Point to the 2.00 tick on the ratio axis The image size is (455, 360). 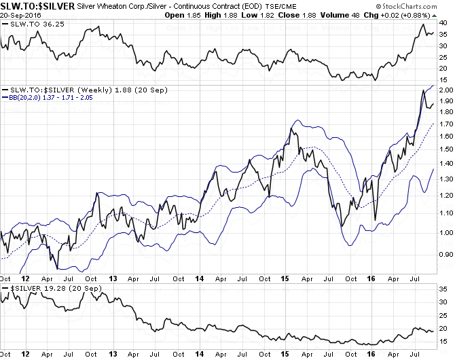(445, 90)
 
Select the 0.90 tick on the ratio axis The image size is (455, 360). (445, 255)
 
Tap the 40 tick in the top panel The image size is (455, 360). (442, 23)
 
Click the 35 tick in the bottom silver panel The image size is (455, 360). (442, 289)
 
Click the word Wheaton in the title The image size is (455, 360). (120, 5)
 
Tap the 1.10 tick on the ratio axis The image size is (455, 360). (445, 213)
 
